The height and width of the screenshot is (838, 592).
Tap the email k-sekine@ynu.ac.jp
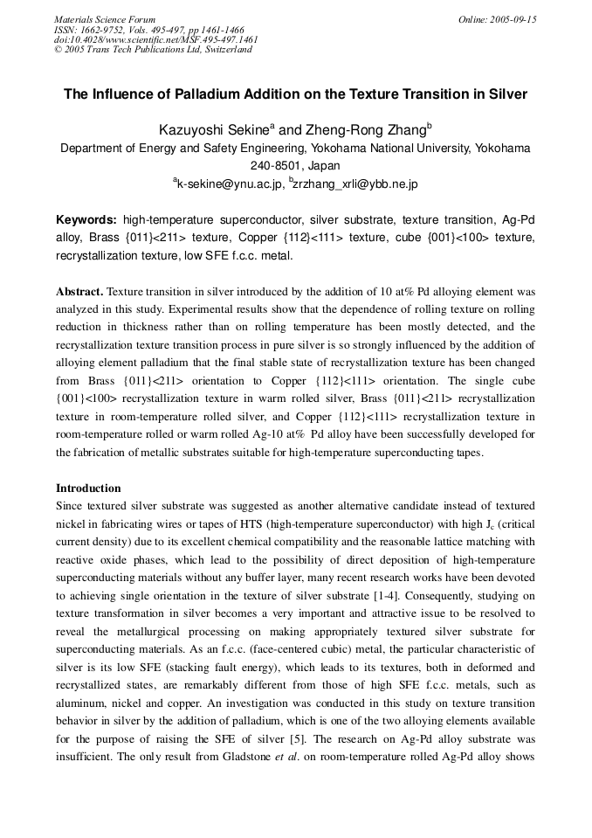point(230,184)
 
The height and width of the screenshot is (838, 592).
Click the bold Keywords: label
point(86,219)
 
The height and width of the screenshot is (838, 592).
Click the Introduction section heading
point(88,488)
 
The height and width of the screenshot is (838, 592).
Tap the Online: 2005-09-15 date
point(497,19)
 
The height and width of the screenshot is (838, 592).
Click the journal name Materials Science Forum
point(105,19)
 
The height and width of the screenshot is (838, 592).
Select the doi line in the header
point(155,39)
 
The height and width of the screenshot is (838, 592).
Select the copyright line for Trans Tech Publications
point(153,50)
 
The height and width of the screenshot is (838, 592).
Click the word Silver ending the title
point(507,93)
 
